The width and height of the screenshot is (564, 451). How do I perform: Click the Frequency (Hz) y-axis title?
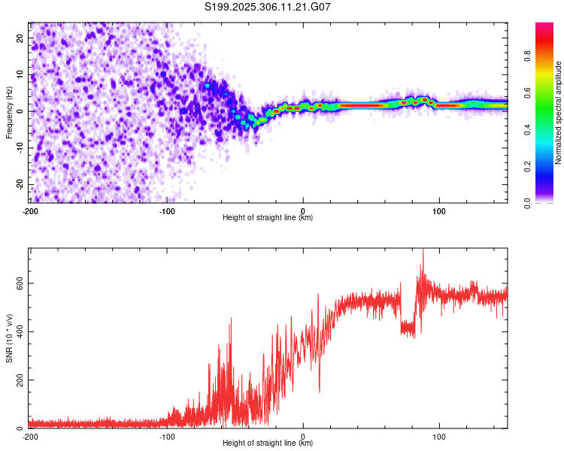9,112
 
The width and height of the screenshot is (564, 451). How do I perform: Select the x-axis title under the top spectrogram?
268,217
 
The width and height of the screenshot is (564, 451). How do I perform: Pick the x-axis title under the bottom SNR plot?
268,443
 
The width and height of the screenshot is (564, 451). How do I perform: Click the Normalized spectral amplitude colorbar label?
559,113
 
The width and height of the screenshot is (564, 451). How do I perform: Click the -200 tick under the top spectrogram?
30,210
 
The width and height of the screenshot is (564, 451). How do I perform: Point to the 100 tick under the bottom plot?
439,435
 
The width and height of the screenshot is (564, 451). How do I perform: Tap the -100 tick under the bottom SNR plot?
166,435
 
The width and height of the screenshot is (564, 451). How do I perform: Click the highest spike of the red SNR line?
423,250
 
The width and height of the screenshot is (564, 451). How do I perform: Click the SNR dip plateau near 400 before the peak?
408,327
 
